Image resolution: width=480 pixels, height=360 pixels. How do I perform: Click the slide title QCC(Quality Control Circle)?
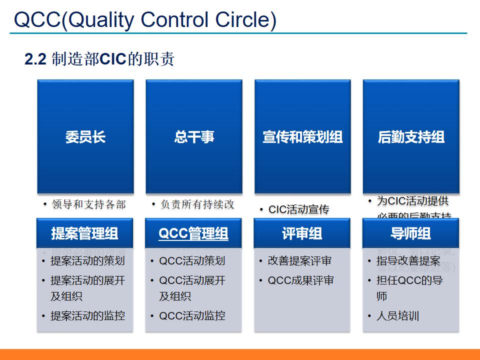pyautogui.click(x=145, y=19)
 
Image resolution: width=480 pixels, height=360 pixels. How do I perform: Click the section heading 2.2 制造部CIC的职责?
pyautogui.click(x=99, y=59)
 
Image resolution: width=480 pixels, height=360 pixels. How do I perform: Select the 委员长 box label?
pyautogui.click(x=85, y=137)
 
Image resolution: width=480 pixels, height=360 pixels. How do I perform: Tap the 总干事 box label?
pyautogui.click(x=194, y=137)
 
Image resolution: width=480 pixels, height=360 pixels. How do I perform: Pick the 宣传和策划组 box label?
pyautogui.click(x=302, y=137)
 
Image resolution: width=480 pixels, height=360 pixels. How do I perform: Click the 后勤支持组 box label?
pyautogui.click(x=411, y=137)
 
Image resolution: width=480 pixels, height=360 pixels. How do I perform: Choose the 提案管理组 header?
pyautogui.click(x=85, y=233)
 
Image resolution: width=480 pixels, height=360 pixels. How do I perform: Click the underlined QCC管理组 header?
pyautogui.click(x=193, y=233)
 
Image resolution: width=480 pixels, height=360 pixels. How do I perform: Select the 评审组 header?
pyautogui.click(x=302, y=233)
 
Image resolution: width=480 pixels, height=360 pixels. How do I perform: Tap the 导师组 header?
pyautogui.click(x=410, y=233)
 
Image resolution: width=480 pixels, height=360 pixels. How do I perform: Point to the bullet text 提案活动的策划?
pyautogui.click(x=87, y=261)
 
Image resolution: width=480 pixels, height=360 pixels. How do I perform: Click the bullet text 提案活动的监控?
pyautogui.click(x=87, y=316)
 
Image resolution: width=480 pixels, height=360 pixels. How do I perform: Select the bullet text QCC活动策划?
pyautogui.click(x=192, y=261)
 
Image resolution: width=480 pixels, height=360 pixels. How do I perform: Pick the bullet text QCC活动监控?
pyautogui.click(x=192, y=316)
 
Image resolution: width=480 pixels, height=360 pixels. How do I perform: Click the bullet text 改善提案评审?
pyautogui.click(x=299, y=261)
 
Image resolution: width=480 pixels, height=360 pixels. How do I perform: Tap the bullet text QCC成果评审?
pyautogui.click(x=300, y=280)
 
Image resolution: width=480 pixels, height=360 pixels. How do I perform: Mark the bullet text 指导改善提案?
pyautogui.click(x=408, y=261)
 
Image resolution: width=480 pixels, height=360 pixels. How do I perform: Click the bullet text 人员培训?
pyautogui.click(x=397, y=316)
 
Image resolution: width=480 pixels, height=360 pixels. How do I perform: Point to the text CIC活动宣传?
pyautogui.click(x=299, y=209)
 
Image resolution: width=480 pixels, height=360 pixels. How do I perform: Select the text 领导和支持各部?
pyautogui.click(x=88, y=204)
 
